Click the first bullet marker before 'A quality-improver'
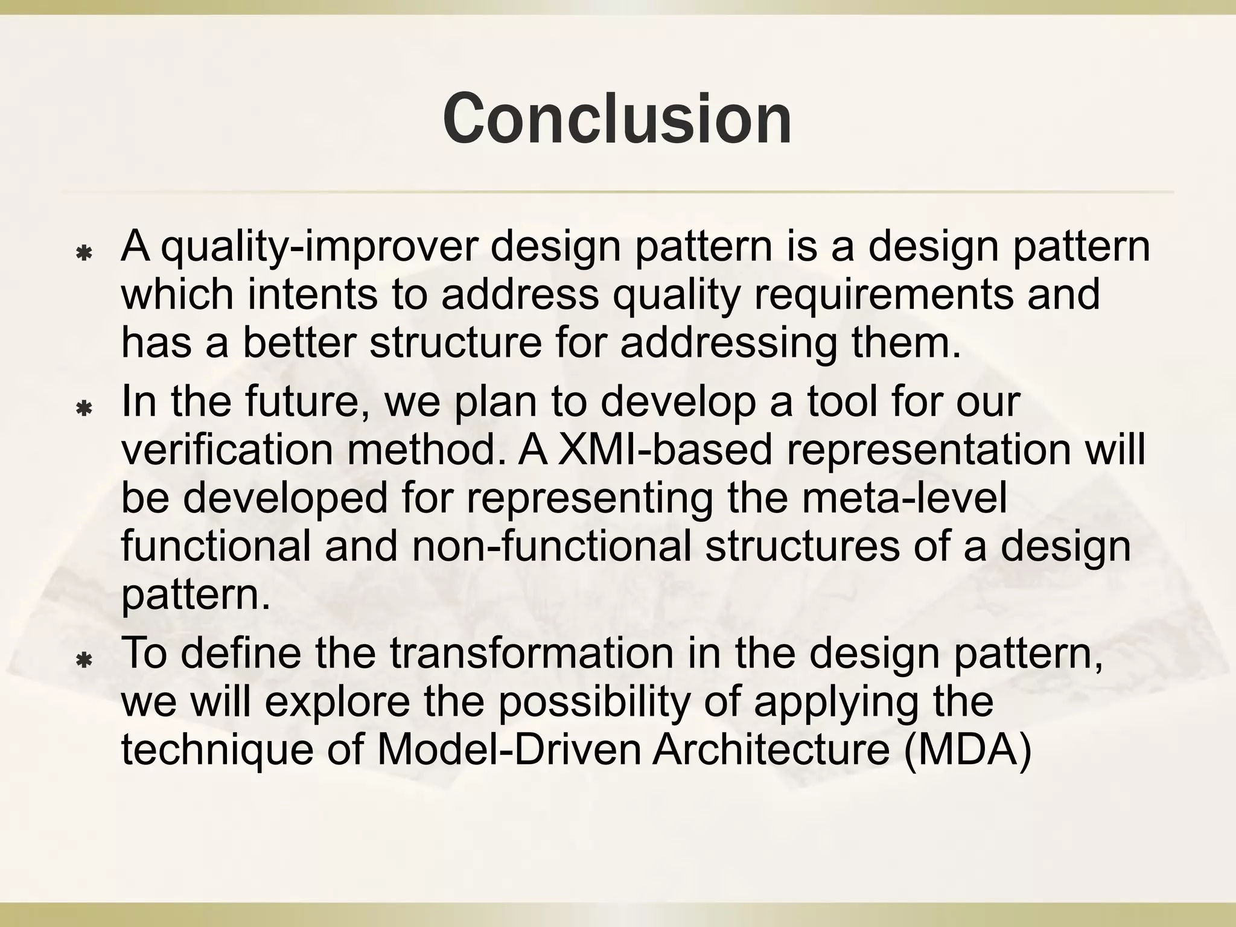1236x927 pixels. [x=84, y=253]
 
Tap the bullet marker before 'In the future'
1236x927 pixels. [x=84, y=409]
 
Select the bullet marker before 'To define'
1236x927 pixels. [x=84, y=661]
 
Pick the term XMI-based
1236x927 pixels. [x=664, y=450]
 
